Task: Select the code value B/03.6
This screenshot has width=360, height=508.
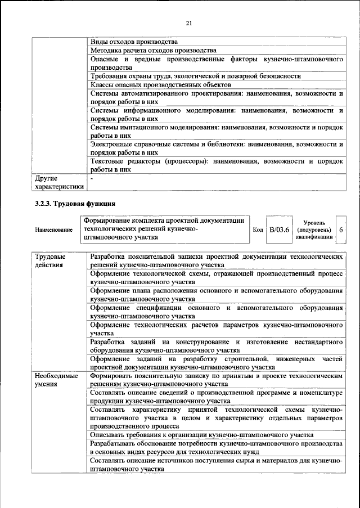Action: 279,230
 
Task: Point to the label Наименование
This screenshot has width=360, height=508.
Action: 53,230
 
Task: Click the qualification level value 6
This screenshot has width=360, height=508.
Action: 341,230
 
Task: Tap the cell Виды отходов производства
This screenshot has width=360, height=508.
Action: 134,42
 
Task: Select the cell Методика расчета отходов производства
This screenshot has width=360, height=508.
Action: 153,50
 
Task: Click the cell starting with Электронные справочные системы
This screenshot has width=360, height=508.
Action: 216,148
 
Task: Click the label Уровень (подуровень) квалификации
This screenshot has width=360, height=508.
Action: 314,230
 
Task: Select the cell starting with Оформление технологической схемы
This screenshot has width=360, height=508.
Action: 216,276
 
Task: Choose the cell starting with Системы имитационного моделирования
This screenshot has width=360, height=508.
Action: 216,131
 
